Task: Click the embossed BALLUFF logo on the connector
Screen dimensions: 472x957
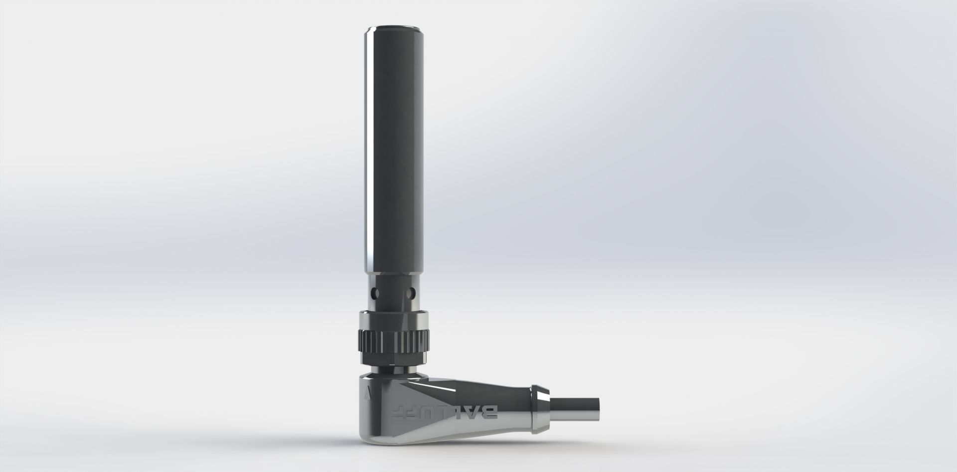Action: (x=443, y=412)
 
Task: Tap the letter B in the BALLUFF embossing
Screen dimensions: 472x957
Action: (x=490, y=412)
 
